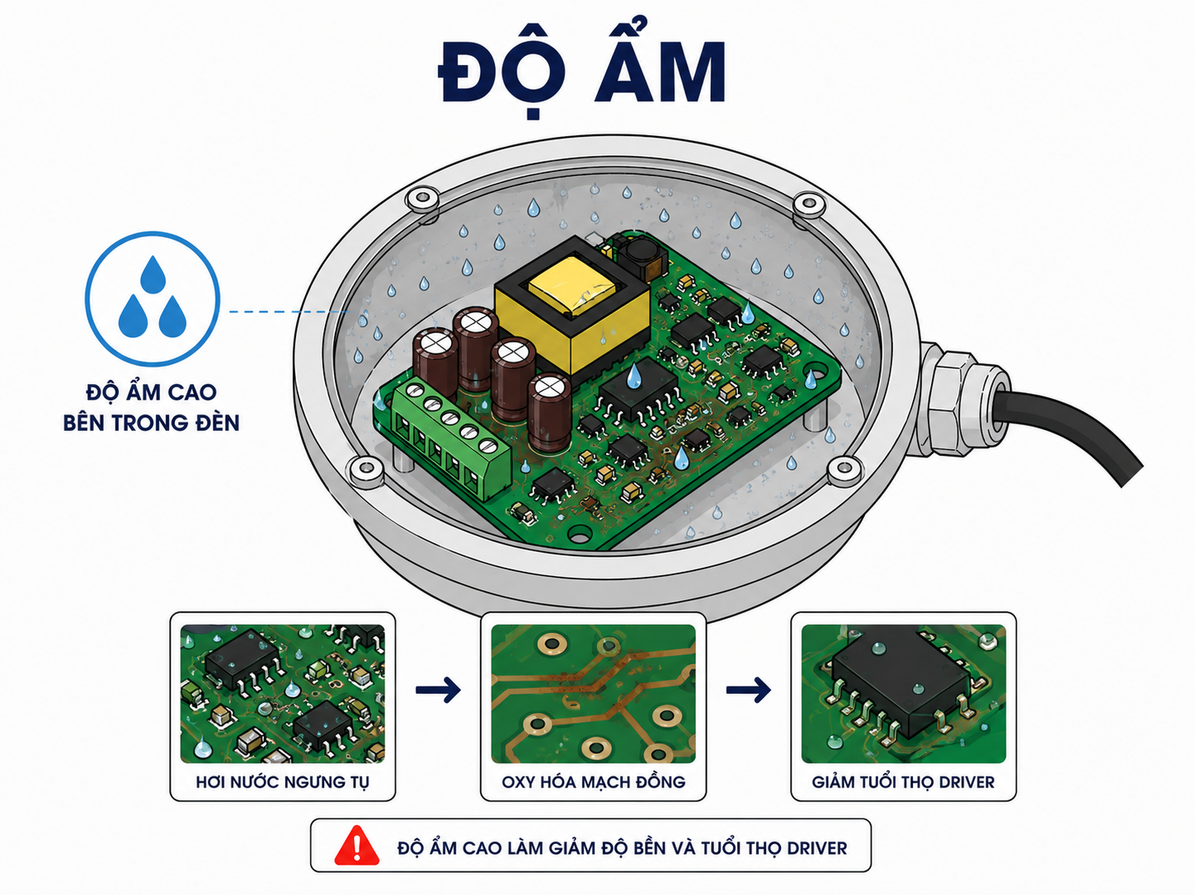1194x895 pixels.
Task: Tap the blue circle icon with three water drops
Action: point(153,299)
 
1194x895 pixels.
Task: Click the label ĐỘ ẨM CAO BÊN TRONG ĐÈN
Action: point(151,407)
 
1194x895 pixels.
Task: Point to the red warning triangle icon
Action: point(356,846)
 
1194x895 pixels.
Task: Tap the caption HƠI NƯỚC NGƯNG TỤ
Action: point(282,782)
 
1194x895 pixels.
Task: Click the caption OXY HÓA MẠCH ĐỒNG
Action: point(593,782)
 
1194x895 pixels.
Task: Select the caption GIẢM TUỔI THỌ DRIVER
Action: point(903,782)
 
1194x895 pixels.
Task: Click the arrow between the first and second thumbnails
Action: point(438,690)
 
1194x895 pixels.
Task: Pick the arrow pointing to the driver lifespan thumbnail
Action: point(749,690)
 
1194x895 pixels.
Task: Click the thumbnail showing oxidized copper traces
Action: point(593,693)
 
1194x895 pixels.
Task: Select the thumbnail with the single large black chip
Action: point(904,693)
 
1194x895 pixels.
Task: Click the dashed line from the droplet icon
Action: point(289,312)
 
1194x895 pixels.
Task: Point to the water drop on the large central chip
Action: point(633,376)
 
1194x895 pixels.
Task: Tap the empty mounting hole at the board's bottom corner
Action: point(580,535)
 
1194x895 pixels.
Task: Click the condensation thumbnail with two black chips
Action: point(282,693)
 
